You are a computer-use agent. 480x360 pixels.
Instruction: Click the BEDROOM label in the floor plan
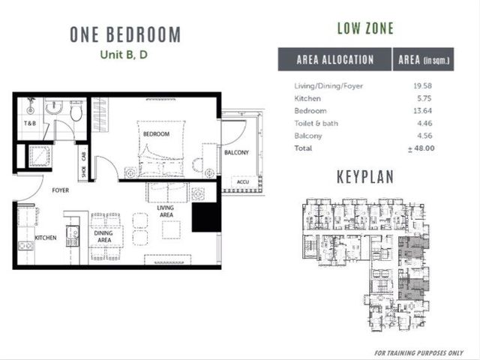(x=156, y=134)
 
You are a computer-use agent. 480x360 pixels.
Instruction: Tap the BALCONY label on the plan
(x=236, y=152)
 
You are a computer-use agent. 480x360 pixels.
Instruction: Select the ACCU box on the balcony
(x=243, y=181)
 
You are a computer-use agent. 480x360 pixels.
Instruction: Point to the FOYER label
(x=60, y=190)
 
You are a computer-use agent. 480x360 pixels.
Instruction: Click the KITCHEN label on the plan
(x=46, y=238)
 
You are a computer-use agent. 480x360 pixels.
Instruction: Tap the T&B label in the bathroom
(x=30, y=123)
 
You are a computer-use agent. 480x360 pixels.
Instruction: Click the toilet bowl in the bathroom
(x=76, y=111)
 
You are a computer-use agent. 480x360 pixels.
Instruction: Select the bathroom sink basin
(x=54, y=107)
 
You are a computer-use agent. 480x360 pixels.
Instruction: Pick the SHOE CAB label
(x=83, y=164)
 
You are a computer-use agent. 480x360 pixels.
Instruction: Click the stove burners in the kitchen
(x=25, y=245)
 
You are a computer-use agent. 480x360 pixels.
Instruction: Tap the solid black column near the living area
(x=206, y=217)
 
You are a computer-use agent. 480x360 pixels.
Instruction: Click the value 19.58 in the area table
(x=422, y=86)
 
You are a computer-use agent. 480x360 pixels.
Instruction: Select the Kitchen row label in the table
(x=307, y=98)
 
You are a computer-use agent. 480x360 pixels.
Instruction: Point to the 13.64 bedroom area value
(x=422, y=111)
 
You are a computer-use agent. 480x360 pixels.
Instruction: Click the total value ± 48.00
(x=421, y=148)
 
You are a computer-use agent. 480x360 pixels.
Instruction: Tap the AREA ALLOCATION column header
(x=335, y=59)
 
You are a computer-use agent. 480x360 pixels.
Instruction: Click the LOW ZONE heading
(x=365, y=28)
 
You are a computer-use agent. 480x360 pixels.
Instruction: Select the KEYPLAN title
(x=365, y=177)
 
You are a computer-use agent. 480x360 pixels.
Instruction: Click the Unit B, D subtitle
(x=124, y=55)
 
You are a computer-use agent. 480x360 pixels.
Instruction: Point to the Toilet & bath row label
(x=316, y=123)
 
